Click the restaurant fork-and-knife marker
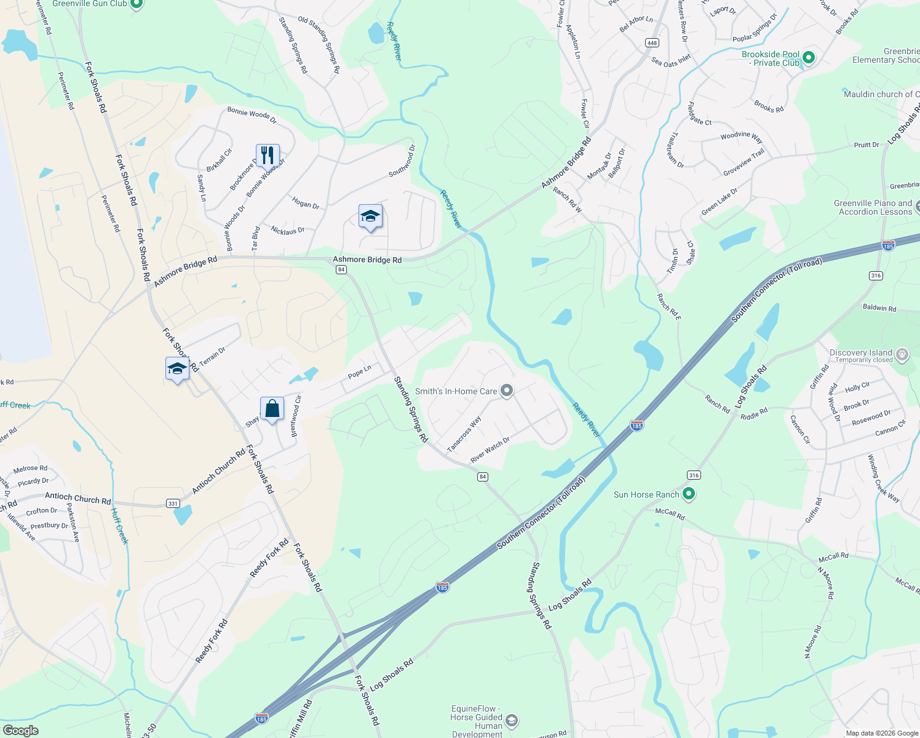click(268, 155)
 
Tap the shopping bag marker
click(272, 408)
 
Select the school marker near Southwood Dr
click(370, 216)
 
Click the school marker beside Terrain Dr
click(177, 368)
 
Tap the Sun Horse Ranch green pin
click(689, 494)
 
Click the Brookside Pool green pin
click(809, 58)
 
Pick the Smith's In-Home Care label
click(456, 391)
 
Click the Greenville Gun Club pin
click(137, 4)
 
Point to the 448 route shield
click(652, 42)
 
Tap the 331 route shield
click(173, 504)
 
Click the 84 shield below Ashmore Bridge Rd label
click(341, 269)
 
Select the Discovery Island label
click(860, 353)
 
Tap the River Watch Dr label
click(490, 450)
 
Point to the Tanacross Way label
click(464, 434)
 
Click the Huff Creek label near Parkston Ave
click(119, 525)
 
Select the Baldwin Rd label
click(879, 307)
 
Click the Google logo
click(21, 731)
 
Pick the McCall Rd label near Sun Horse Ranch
click(670, 514)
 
